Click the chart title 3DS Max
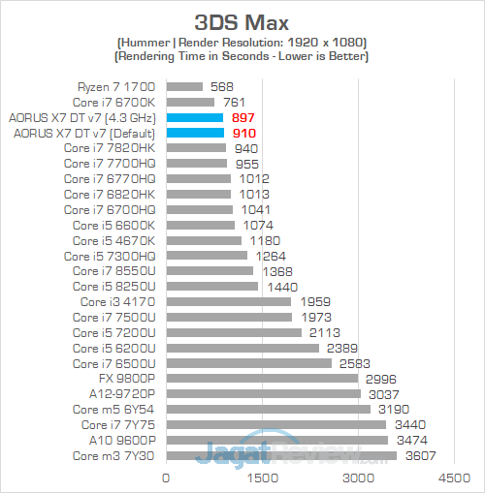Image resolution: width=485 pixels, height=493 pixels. [242, 22]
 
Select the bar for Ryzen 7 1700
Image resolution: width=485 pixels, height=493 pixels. [185, 86]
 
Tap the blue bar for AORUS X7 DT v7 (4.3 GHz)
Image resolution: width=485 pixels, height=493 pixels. [195, 117]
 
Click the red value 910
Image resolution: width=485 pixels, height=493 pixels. [246, 133]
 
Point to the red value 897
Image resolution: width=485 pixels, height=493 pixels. [245, 117]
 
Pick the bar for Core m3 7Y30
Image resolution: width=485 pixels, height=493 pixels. [281, 455]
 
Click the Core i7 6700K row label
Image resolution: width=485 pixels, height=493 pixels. [114, 102]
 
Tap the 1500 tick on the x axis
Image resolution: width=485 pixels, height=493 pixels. [263, 478]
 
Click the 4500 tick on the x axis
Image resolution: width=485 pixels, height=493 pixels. [454, 478]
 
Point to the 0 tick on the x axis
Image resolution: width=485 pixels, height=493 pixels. [167, 478]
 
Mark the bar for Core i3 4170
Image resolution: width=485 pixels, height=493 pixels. [229, 301]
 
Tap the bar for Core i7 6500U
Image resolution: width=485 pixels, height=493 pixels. [249, 363]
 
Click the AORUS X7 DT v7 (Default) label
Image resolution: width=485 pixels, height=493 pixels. [84, 133]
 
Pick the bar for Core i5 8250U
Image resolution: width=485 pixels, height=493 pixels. [212, 287]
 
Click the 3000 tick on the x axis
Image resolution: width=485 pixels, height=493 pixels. [359, 478]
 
